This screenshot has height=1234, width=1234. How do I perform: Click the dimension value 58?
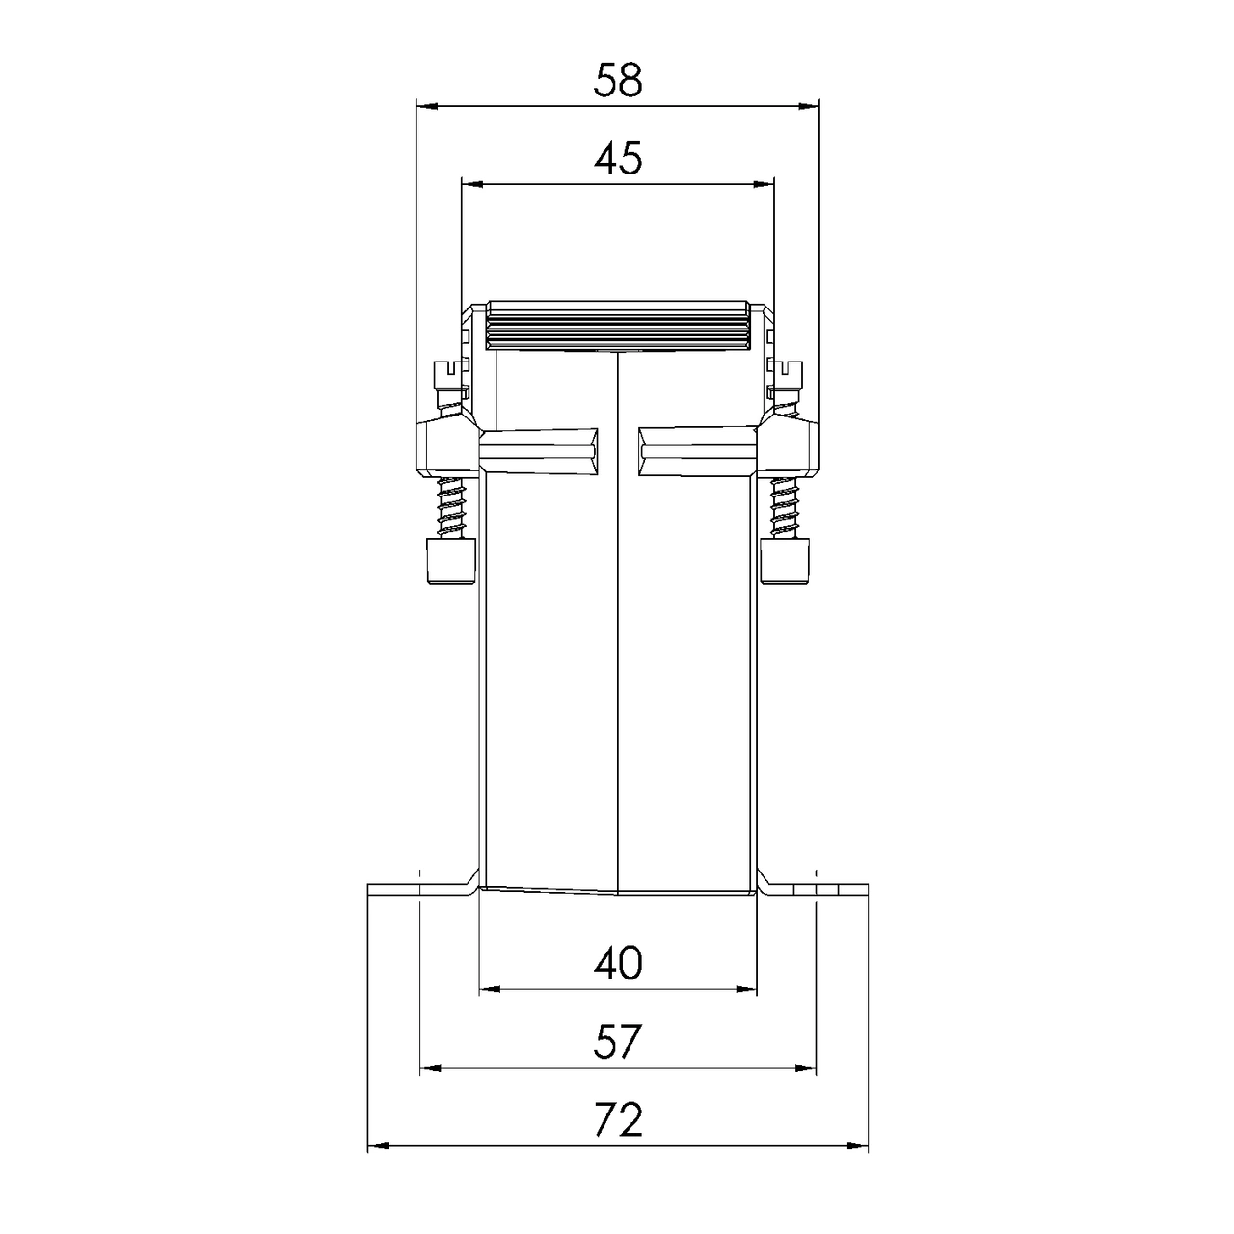[x=617, y=81]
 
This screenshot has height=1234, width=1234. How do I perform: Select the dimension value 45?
[x=617, y=158]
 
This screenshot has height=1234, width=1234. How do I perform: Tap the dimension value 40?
[x=617, y=963]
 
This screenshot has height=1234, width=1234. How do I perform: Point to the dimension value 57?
[x=617, y=1042]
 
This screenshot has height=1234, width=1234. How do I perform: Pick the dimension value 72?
[x=617, y=1121]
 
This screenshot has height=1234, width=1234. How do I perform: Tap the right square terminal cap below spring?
[x=786, y=561]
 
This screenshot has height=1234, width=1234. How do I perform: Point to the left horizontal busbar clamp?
[x=538, y=451]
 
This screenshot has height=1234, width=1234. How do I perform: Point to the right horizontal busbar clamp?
[x=696, y=451]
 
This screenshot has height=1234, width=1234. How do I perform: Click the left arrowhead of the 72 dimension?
[x=377, y=1147]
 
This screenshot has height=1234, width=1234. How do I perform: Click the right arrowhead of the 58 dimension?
[x=810, y=107]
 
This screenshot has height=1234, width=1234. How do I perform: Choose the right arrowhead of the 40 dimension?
[x=748, y=989]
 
